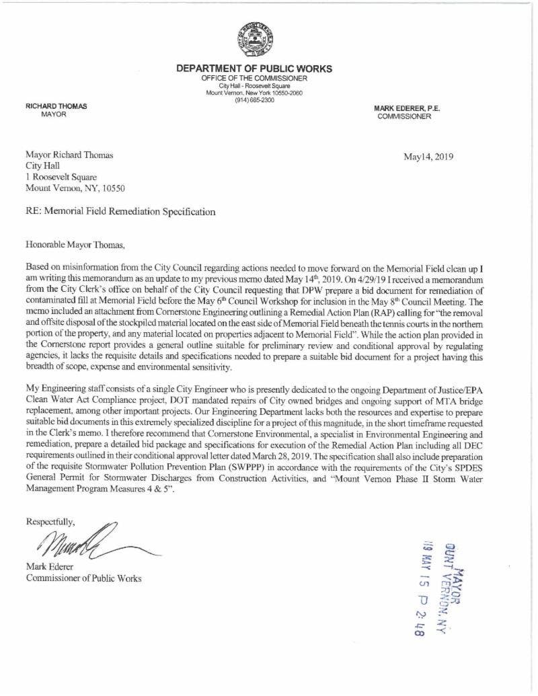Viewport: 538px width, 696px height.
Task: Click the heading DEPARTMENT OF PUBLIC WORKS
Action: pos(254,69)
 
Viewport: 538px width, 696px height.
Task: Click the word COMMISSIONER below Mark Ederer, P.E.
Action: pos(405,116)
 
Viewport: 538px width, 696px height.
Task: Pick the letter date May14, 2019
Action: pos(428,157)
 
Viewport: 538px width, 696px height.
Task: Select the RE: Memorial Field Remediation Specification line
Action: pos(120,211)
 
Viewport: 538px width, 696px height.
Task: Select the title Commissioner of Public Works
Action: pos(83,579)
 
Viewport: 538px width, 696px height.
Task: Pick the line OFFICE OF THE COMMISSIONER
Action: pos(254,78)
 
